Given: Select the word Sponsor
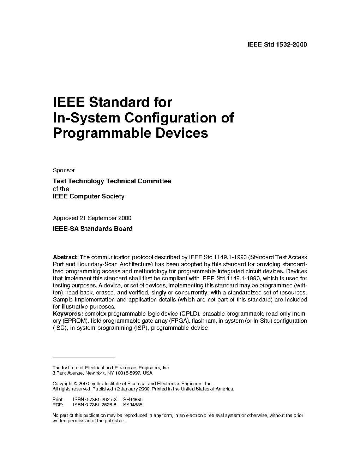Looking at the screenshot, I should [x=64, y=170].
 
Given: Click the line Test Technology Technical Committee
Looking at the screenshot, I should [x=112, y=181].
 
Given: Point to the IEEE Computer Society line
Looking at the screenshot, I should [x=89, y=196].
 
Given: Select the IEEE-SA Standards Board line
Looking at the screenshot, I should [x=92, y=229].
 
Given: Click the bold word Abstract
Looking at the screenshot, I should [x=65, y=257].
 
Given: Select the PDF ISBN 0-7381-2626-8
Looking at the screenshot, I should [x=95, y=405].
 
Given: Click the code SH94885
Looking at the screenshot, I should [x=133, y=400].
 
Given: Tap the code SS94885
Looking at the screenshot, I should [x=133, y=405].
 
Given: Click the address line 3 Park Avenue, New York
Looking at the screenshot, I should [x=102, y=373].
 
